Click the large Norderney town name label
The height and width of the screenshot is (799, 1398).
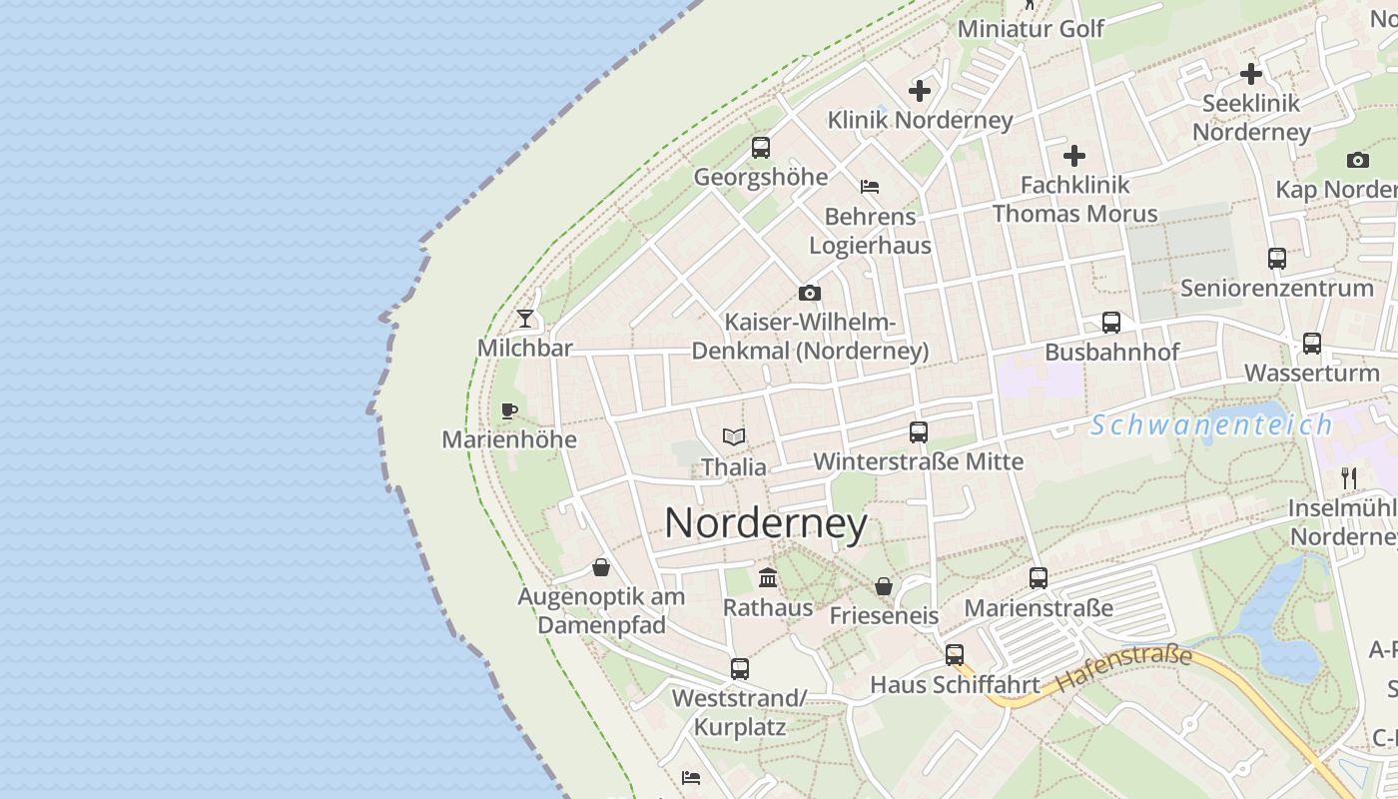(x=766, y=522)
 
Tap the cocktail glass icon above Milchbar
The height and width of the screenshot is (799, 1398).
(x=525, y=319)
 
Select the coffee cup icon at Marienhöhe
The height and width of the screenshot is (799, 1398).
(x=509, y=410)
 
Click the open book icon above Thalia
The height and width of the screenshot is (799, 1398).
(x=734, y=436)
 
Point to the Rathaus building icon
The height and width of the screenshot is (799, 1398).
(x=768, y=577)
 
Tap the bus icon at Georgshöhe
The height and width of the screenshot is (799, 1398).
(x=761, y=148)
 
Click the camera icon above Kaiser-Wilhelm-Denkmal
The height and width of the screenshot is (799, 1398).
(x=810, y=293)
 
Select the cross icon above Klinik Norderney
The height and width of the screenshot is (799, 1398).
(x=920, y=91)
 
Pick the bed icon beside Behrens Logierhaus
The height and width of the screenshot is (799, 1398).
(x=870, y=187)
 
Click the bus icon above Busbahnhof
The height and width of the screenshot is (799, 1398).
(x=1111, y=323)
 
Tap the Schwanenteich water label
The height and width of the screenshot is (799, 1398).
(x=1211, y=425)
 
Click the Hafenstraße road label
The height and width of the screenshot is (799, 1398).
(x=1124, y=669)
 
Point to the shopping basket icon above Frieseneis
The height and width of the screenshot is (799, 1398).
(x=884, y=586)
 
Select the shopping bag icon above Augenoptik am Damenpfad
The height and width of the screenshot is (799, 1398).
(x=601, y=567)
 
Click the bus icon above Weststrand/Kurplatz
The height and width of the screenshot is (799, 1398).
(x=739, y=669)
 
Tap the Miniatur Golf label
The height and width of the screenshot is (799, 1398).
(x=1031, y=29)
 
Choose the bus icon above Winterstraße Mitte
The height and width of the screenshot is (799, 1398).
(x=919, y=432)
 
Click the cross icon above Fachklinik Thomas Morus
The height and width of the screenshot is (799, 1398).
(x=1074, y=156)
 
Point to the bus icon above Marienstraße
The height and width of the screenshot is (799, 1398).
(x=1039, y=578)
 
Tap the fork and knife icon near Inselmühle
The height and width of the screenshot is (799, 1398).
(x=1349, y=478)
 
